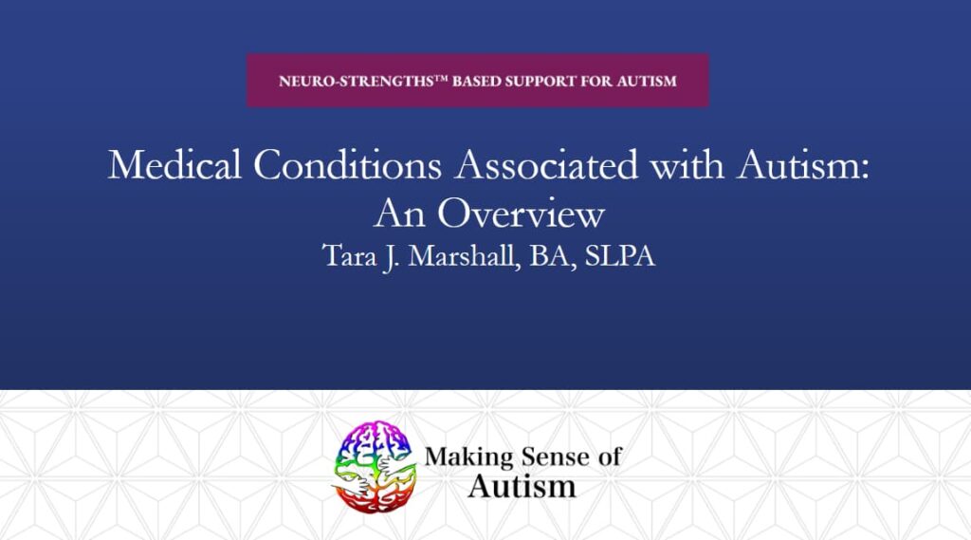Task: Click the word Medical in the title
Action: pyautogui.click(x=174, y=165)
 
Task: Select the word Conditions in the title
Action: pyautogui.click(x=347, y=165)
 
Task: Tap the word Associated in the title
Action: pyautogui.click(x=546, y=165)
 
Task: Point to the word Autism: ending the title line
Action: pyautogui.click(x=802, y=165)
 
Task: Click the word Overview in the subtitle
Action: pyautogui.click(x=521, y=214)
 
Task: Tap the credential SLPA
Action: pyautogui.click(x=620, y=256)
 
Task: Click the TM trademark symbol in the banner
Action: pyautogui.click(x=441, y=78)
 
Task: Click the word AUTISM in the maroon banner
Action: pyautogui.click(x=647, y=82)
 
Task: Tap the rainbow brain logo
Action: pyautogui.click(x=374, y=467)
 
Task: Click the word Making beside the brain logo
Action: pyautogui.click(x=468, y=457)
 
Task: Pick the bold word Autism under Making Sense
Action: pyautogui.click(x=522, y=486)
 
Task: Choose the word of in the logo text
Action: pyautogui.click(x=610, y=456)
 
